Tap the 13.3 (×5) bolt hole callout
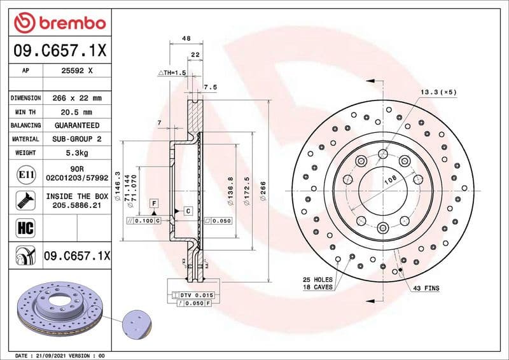438,93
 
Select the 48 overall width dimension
186,39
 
